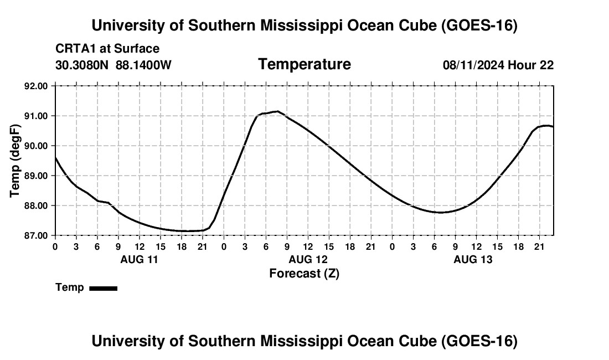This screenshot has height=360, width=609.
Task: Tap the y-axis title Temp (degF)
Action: [15, 161]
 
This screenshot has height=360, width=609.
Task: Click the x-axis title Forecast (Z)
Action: [304, 274]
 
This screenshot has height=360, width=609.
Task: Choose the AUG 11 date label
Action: [140, 259]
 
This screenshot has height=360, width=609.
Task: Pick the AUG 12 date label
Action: [308, 259]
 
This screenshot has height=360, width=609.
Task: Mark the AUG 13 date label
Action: [473, 259]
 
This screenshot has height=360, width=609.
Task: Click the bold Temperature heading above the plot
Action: [304, 64]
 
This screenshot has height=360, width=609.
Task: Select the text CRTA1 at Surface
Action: [107, 49]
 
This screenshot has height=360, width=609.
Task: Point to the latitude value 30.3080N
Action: [82, 65]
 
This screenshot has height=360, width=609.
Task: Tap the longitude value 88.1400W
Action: [144, 65]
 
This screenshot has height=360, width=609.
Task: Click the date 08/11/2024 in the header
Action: [474, 65]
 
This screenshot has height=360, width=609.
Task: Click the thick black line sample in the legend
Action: [104, 288]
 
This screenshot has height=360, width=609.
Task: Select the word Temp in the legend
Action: [70, 287]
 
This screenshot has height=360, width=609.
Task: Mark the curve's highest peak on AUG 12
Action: [277, 111]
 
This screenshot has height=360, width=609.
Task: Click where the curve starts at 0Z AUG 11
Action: [55, 157]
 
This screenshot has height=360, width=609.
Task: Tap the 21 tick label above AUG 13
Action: [539, 246]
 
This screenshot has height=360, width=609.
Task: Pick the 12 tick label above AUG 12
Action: [308, 246]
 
